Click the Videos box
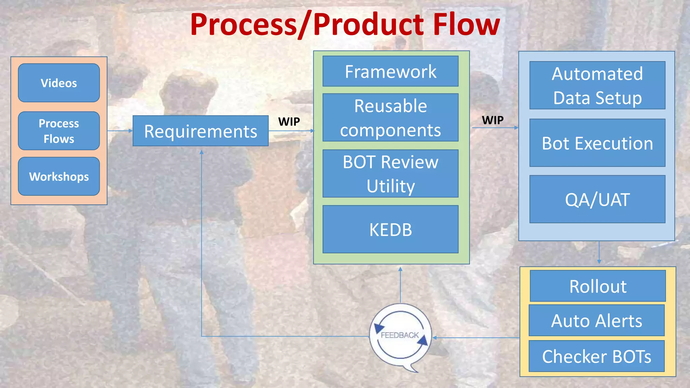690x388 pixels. coord(59,83)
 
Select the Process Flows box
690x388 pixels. coord(59,131)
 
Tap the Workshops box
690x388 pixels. coord(59,176)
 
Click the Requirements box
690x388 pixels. coord(200,131)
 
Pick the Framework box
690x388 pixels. coord(390,71)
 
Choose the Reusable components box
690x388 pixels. coord(390,118)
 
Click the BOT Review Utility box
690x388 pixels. coord(390,173)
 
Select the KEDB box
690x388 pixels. coord(390,229)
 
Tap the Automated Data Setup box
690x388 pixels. coord(597,85)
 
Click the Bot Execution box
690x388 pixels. coord(597,143)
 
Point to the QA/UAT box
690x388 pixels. coord(597,199)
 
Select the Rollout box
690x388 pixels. coord(597,286)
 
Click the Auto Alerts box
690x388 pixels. coord(596,320)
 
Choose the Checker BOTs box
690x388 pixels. coord(596,356)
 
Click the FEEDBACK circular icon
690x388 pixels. coord(400,335)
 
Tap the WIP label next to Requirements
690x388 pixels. coord(289,122)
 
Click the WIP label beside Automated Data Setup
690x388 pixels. coord(492,120)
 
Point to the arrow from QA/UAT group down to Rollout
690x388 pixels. coord(599,253)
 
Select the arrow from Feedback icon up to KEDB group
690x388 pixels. coord(400,285)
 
